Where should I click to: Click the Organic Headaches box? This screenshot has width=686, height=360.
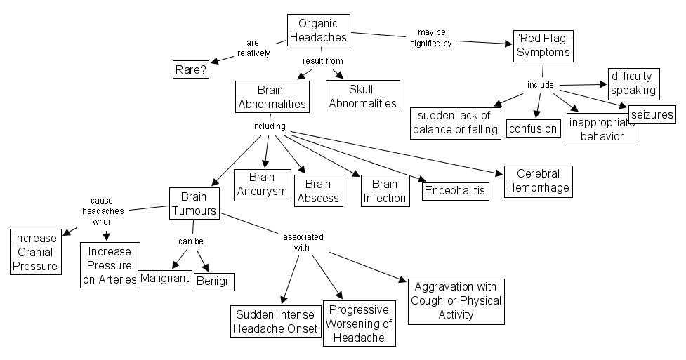318,32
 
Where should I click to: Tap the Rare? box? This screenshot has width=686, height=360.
190,69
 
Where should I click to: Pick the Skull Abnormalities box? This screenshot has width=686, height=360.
362,96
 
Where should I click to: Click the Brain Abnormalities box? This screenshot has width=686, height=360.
272,97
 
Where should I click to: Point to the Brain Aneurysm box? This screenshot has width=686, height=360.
261,185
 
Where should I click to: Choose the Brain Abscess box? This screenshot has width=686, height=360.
317,191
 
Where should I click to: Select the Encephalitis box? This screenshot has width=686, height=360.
456,189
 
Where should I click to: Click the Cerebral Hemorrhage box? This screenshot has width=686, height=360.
538,180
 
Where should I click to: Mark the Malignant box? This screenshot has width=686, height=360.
165,278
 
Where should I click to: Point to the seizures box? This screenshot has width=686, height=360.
652,114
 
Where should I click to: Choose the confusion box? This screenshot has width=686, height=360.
533,128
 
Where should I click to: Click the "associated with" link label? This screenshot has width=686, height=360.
299,241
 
